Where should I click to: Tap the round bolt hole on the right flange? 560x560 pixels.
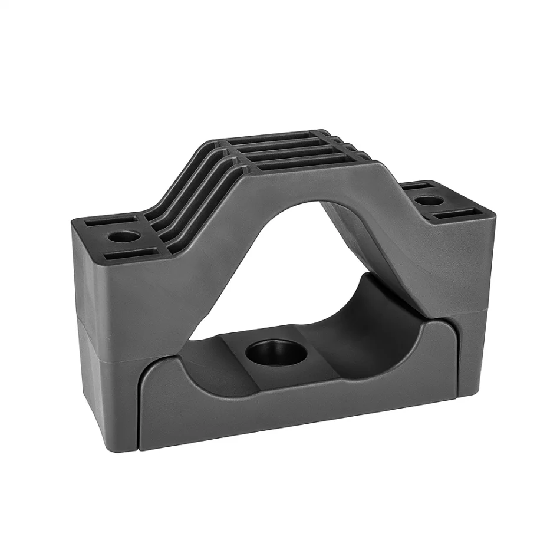[x=431, y=200]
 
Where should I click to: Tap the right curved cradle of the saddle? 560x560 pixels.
[x=377, y=330]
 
